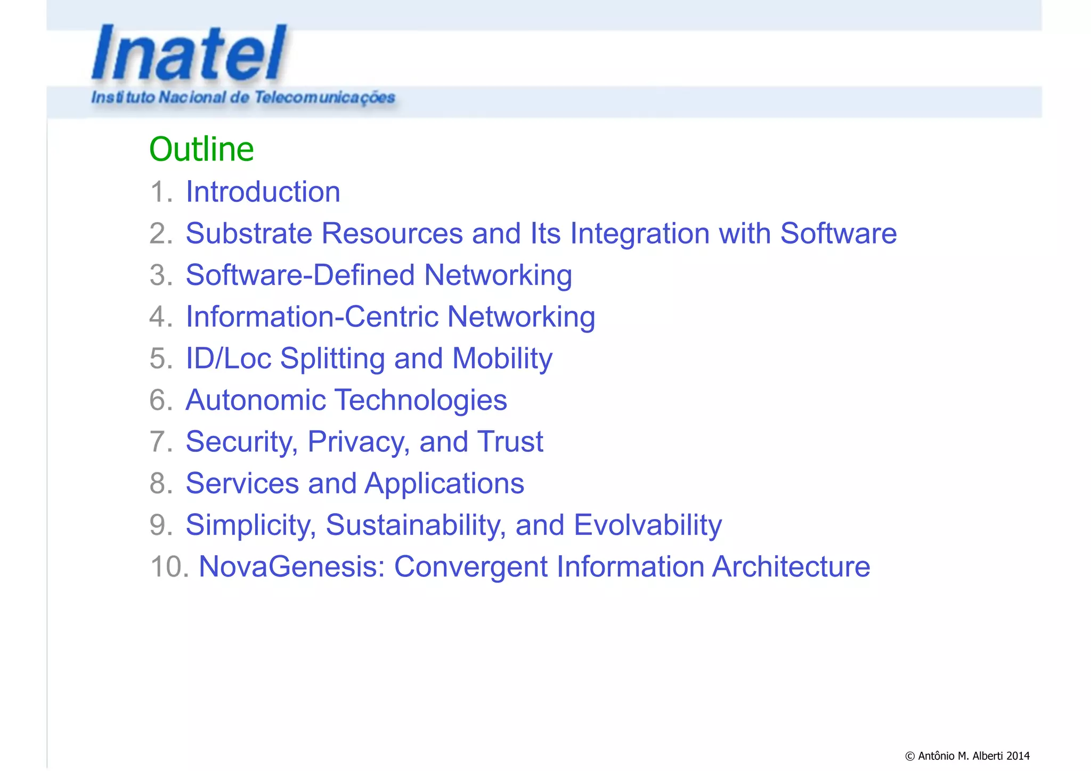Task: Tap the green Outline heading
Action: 201,149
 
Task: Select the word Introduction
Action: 263,192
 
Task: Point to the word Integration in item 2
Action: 640,233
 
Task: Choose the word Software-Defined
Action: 300,275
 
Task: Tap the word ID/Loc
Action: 228,358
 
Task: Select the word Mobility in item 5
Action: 502,358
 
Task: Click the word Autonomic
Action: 255,400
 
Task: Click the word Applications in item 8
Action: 444,483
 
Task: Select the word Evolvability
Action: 647,525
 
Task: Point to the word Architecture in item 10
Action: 791,566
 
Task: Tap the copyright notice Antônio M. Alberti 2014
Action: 967,756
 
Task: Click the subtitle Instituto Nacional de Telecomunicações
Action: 243,98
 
